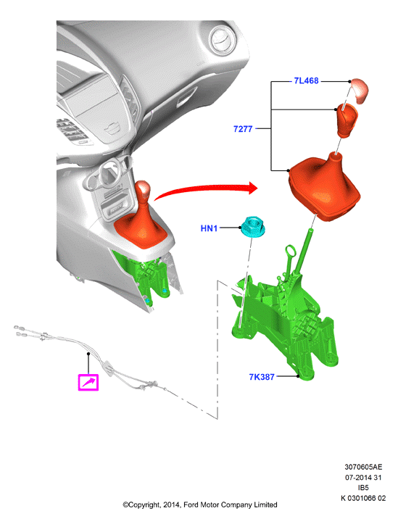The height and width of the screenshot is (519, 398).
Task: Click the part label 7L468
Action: [x=306, y=80]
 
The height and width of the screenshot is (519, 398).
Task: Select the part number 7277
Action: [x=243, y=129]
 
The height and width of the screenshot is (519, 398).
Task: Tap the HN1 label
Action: [x=209, y=228]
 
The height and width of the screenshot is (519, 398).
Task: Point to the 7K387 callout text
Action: [x=262, y=377]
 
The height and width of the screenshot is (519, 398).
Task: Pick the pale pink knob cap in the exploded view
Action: [x=360, y=90]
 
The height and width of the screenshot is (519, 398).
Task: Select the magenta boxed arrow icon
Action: [x=88, y=382]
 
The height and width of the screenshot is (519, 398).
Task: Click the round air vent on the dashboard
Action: [x=223, y=41]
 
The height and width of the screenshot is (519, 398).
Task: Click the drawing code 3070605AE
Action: [x=363, y=467]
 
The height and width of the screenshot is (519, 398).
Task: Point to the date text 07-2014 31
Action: [x=363, y=477]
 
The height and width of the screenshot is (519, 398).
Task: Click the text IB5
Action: [x=363, y=488]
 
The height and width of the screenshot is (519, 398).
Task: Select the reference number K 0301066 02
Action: [x=363, y=498]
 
